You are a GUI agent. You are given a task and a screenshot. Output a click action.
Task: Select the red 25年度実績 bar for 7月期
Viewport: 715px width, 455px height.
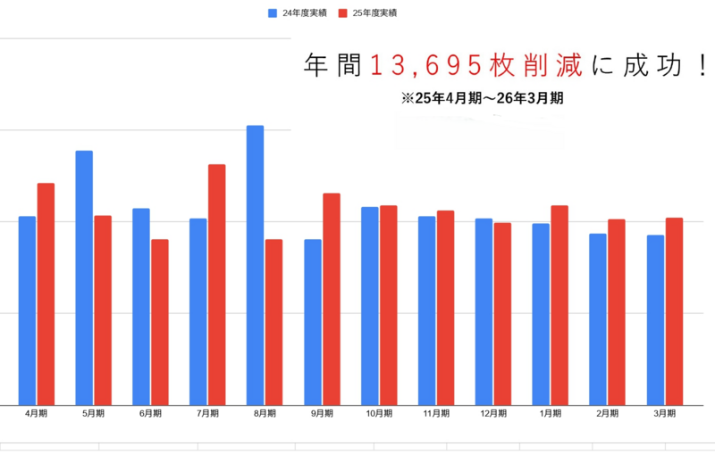pyautogui.click(x=216, y=285)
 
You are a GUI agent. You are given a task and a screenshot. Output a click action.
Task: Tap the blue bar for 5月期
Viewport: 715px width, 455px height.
pyautogui.click(x=84, y=277)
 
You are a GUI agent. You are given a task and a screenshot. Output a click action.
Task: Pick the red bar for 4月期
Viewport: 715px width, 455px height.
pyautogui.click(x=46, y=294)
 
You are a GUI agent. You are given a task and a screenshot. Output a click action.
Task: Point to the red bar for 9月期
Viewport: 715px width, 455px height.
pyautogui.click(x=331, y=299)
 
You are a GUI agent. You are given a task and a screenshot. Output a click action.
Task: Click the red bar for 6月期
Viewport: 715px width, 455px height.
pyautogui.click(x=159, y=322)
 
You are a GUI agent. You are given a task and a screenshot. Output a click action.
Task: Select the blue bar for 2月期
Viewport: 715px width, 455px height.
pyautogui.click(x=598, y=318)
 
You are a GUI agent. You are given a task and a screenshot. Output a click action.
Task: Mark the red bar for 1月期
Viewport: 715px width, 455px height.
pyautogui.click(x=559, y=305)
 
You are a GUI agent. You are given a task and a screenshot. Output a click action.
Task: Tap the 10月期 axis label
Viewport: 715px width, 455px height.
pyautogui.click(x=379, y=414)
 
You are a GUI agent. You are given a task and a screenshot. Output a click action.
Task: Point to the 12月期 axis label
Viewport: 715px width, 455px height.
pyautogui.click(x=492, y=414)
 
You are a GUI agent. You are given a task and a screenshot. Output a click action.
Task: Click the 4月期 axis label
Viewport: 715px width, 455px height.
pyautogui.click(x=37, y=414)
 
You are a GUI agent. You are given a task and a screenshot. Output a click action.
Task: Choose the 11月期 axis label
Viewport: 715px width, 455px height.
pyautogui.click(x=435, y=414)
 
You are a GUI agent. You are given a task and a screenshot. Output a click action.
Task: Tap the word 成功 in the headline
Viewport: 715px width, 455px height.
pyautogui.click(x=652, y=65)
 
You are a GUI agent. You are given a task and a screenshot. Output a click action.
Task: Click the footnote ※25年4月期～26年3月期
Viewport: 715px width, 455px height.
pyautogui.click(x=483, y=99)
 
